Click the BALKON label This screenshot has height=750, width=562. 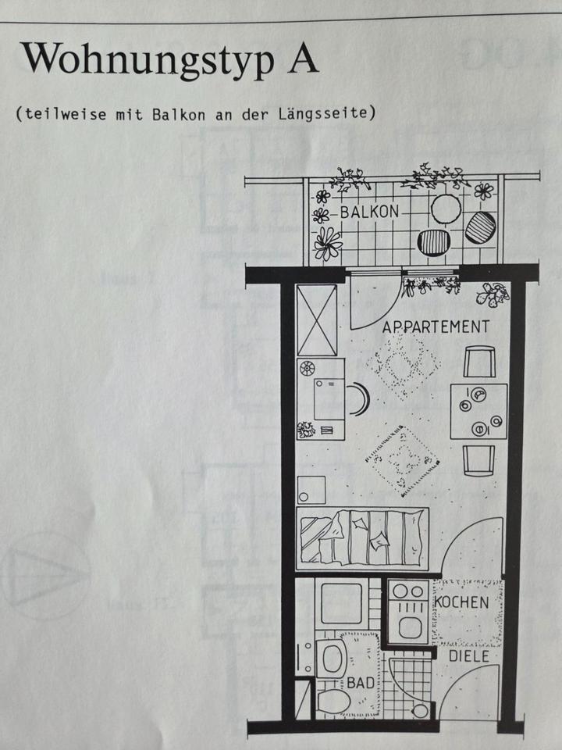click(x=369, y=212)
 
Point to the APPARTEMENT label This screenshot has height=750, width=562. click(x=436, y=327)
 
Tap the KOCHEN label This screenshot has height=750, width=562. click(x=461, y=602)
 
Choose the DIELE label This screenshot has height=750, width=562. click(x=468, y=656)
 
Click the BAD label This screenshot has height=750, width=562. click(x=361, y=683)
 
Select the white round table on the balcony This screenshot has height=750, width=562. click(x=446, y=210)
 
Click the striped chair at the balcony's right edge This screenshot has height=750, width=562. click(x=480, y=228)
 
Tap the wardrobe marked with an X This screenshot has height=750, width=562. click(x=317, y=320)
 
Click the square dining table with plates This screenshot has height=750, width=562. click(x=478, y=410)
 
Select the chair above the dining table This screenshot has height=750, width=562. click(x=478, y=362)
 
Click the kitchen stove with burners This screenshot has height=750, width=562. click(x=409, y=611)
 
